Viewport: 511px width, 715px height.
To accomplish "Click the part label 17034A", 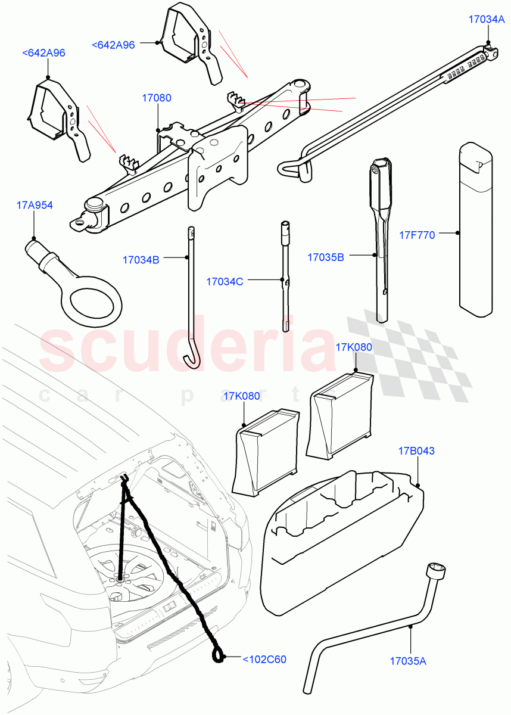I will (486, 19).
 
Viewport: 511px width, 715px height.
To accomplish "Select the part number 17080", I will (156, 97).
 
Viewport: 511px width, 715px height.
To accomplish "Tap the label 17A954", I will (34, 206).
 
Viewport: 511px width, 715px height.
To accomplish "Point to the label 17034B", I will (141, 260).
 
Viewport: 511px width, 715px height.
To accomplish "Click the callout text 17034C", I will (225, 281).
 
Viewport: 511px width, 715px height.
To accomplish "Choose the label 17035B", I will (326, 257).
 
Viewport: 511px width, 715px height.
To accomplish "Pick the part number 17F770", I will (417, 235).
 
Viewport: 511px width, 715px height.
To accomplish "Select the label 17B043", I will (417, 451).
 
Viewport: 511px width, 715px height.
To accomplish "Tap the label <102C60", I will (264, 659).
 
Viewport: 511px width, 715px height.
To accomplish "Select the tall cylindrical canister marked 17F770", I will (476, 229).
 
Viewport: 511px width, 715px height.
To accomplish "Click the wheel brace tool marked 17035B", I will (381, 238).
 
